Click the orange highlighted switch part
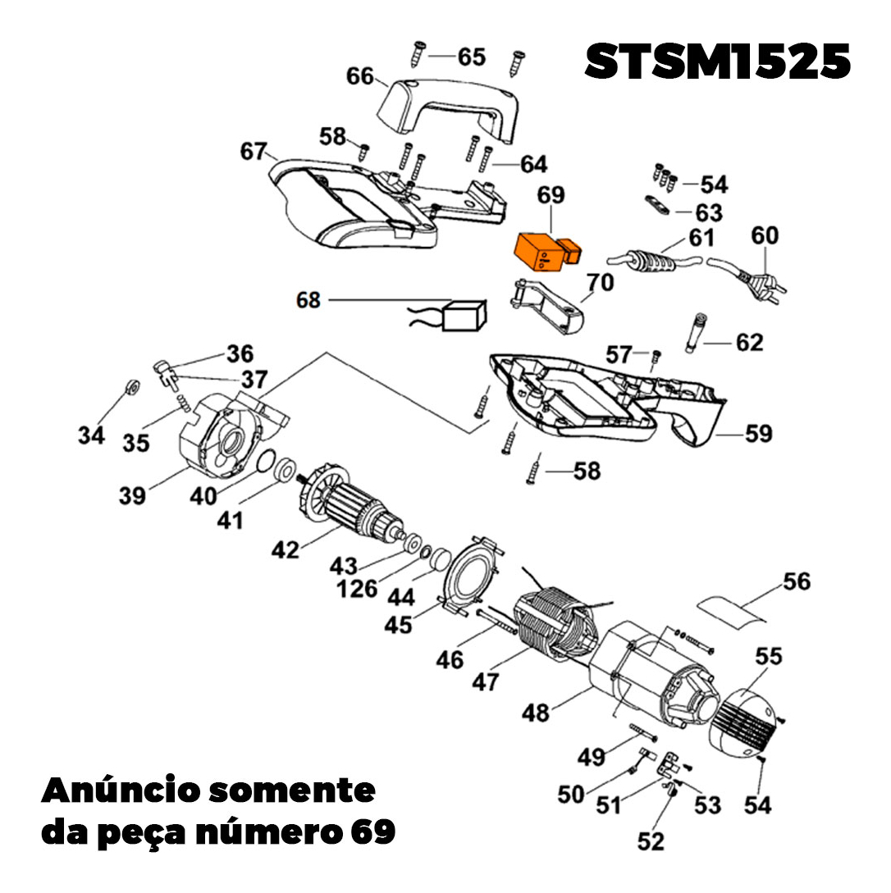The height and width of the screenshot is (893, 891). (x=544, y=252)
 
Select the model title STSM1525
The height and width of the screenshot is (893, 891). (x=717, y=62)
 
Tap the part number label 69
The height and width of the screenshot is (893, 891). (x=551, y=197)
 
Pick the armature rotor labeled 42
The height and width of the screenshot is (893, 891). (x=353, y=508)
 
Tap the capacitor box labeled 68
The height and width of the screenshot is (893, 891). (x=463, y=315)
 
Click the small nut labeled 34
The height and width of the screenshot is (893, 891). (x=129, y=387)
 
